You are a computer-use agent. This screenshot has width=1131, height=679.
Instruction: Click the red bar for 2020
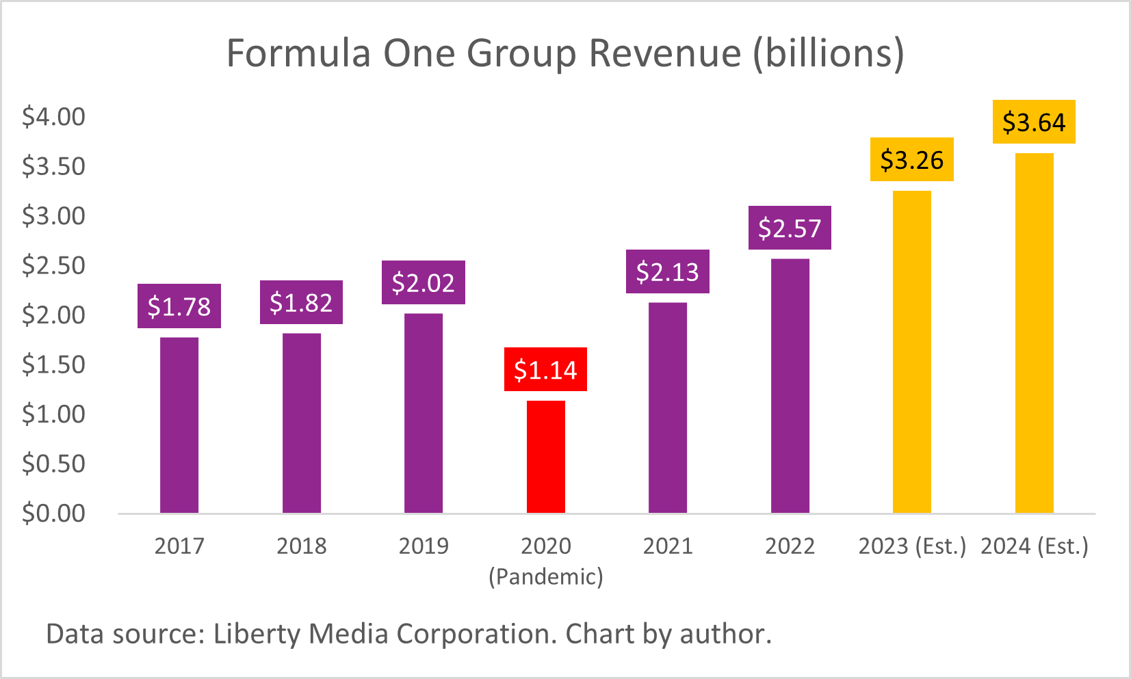pos(545,457)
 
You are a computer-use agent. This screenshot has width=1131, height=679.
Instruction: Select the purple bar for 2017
pos(179,425)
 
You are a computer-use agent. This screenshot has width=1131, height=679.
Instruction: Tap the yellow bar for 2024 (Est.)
pos(1034,333)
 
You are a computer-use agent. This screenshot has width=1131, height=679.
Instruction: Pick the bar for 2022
pos(790,386)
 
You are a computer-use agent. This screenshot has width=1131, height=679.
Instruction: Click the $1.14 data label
pos(545,370)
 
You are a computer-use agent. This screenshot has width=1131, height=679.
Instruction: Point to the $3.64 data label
pos(1034,122)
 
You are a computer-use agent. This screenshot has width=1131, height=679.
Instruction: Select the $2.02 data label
pos(423,282)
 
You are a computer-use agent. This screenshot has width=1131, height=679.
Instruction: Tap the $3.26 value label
pos(911,160)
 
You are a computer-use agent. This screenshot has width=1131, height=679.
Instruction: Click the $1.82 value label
pos(301,302)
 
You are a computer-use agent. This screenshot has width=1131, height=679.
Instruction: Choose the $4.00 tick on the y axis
pos(53,117)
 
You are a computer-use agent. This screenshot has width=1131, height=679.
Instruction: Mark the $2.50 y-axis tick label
pos(53,265)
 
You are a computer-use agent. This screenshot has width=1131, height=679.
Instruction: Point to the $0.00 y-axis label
pos(53,513)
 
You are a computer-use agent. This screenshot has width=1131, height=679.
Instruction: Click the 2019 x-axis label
pos(423,546)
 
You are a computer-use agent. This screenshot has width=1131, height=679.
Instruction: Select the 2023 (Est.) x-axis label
pos(911,546)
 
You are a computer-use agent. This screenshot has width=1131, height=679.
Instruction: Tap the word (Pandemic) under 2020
pos(545,576)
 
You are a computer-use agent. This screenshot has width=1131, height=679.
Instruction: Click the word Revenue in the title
pos(664,53)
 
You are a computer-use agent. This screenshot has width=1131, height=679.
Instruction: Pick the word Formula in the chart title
pos(299,53)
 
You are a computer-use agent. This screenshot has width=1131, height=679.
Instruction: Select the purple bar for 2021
pos(667,408)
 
